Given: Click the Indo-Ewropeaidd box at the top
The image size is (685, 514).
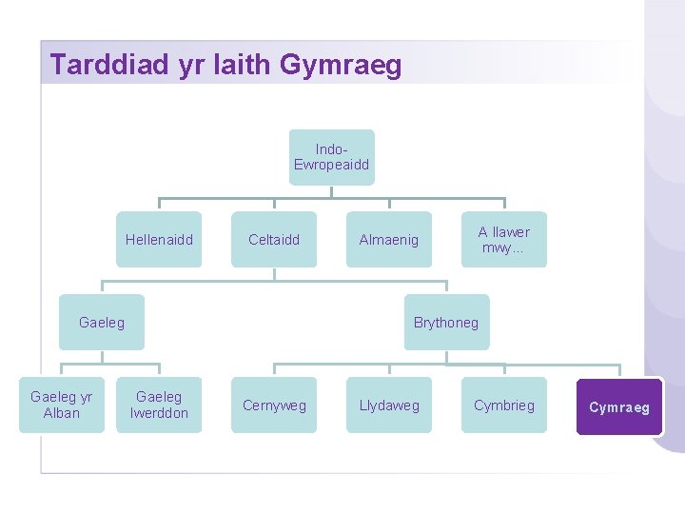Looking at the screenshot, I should [x=331, y=157].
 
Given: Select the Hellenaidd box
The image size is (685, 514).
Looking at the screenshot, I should [x=159, y=240].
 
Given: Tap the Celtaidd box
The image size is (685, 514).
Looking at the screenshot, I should [x=274, y=240].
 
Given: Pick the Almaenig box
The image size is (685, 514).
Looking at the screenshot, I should [x=388, y=240].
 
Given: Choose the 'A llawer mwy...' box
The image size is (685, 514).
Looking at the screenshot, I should [x=504, y=240].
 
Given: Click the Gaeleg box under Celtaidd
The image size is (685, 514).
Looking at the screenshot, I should [x=102, y=323].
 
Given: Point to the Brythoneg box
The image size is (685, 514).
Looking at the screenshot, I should [x=446, y=323].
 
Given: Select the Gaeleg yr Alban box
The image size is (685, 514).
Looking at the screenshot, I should [x=62, y=405].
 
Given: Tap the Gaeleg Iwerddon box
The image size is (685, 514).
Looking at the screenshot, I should [x=159, y=405].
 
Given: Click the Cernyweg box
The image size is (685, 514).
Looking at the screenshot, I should [x=274, y=405].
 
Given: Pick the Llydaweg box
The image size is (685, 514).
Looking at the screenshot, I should [x=388, y=405].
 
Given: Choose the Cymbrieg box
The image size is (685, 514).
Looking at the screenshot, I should [x=504, y=405].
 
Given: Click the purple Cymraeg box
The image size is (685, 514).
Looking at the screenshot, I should [x=619, y=407].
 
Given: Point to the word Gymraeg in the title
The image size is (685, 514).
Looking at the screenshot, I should [x=342, y=66].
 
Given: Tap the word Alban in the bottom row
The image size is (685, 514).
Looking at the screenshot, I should [x=62, y=413].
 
